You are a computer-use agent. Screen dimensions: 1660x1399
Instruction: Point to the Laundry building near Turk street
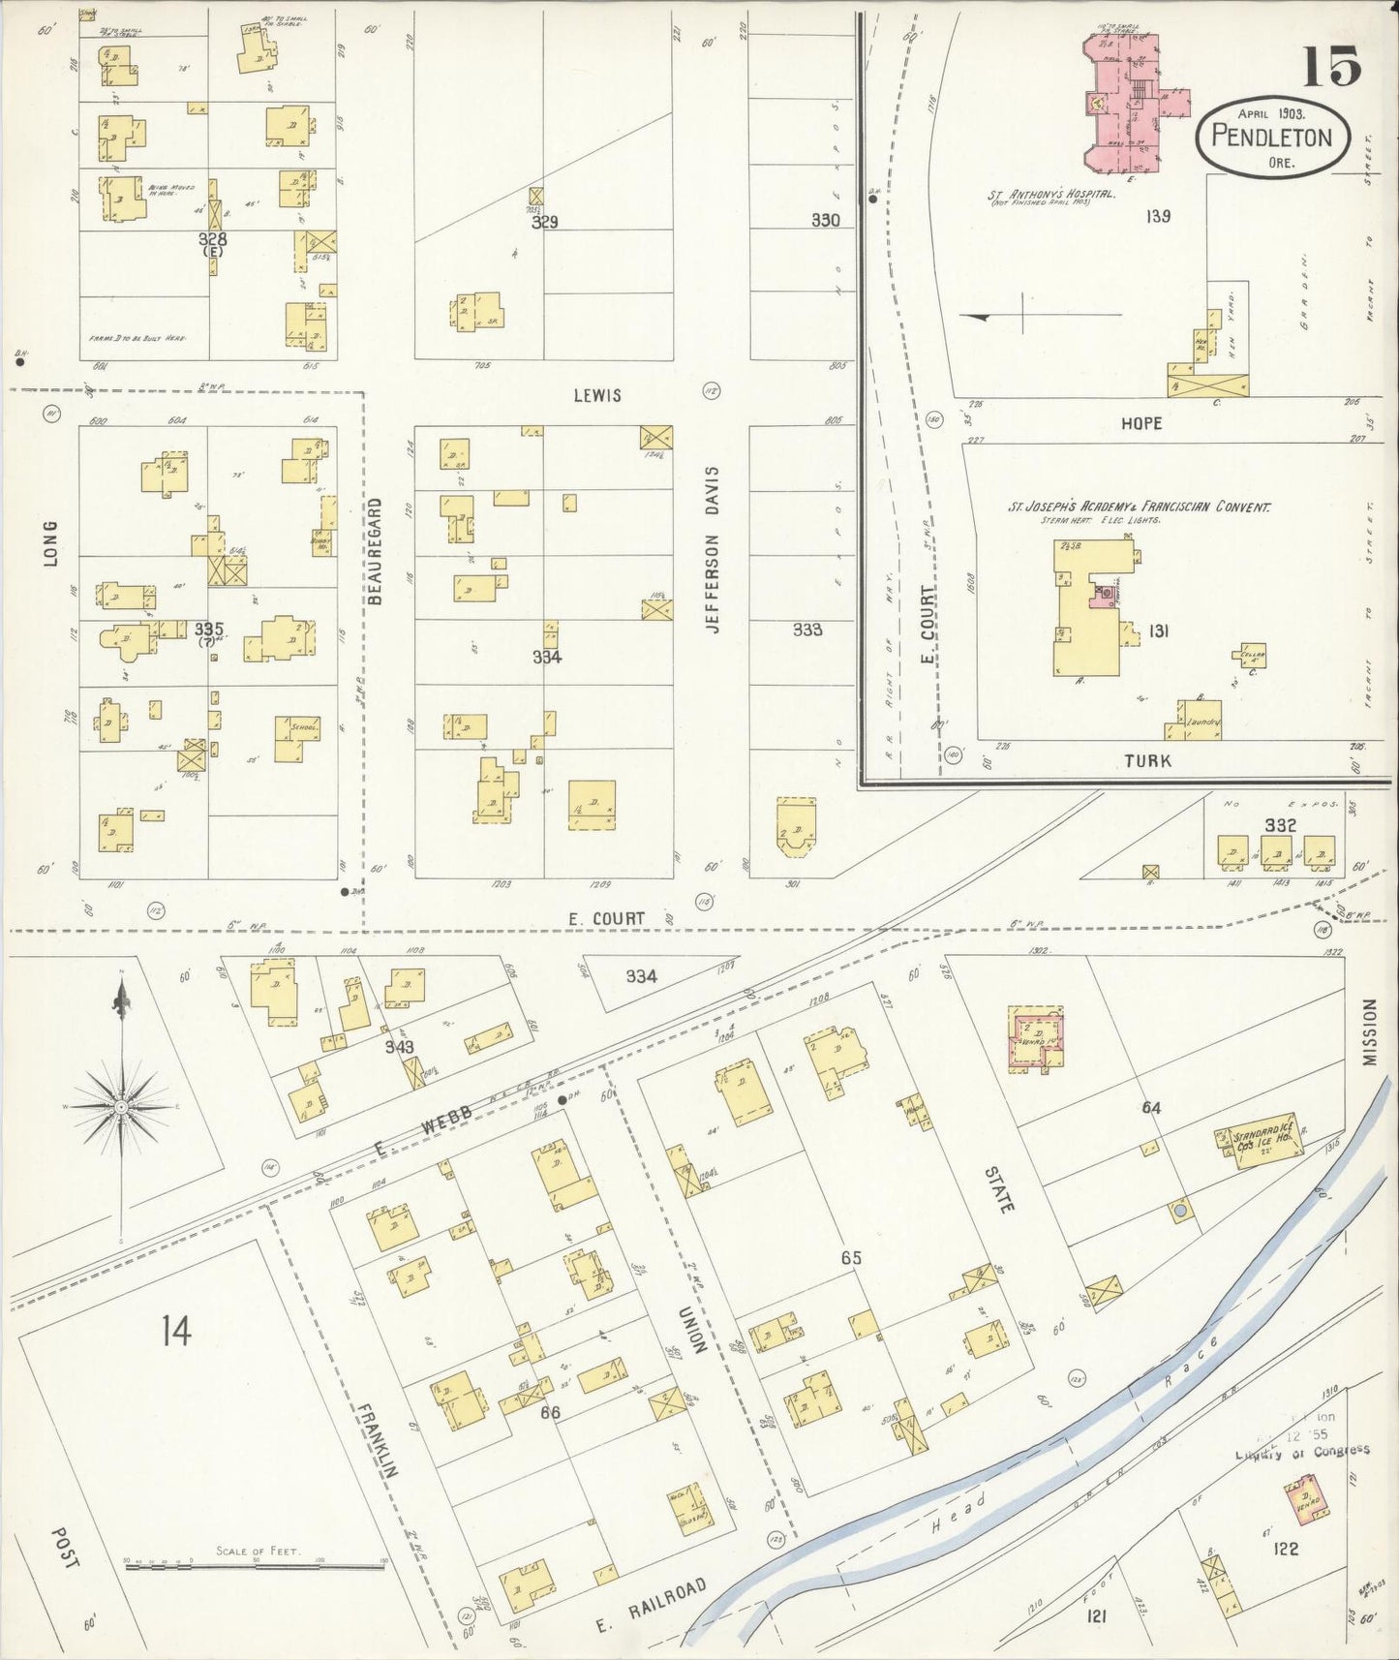(x=1200, y=721)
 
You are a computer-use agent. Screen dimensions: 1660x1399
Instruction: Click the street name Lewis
(x=596, y=395)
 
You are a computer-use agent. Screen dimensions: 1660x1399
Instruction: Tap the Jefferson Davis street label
(x=714, y=549)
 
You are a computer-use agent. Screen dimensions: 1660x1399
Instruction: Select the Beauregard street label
(x=376, y=551)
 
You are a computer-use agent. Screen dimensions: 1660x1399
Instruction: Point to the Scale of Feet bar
(x=256, y=1564)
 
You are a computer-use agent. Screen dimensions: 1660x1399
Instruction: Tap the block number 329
(x=545, y=222)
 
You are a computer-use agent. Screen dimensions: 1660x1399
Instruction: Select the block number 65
(x=850, y=1258)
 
